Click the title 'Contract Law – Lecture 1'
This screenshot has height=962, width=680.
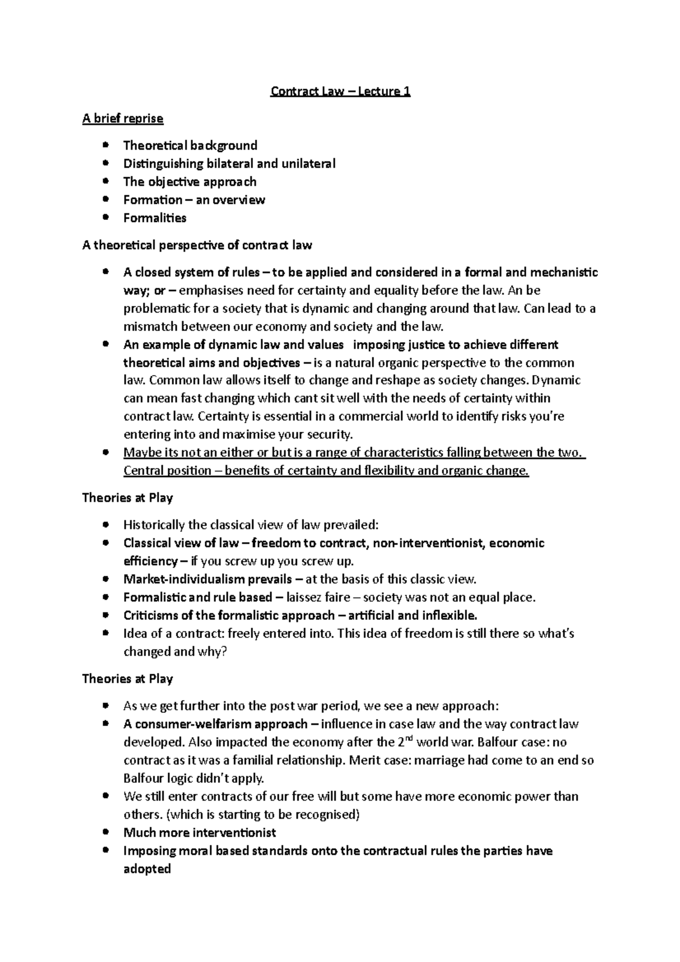point(340,91)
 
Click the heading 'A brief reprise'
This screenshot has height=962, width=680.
point(122,118)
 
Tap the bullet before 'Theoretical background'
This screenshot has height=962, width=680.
point(105,146)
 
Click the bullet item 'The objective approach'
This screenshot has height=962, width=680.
point(190,182)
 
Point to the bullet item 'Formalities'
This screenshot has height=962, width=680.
point(155,218)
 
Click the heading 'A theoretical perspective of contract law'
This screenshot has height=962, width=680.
point(197,245)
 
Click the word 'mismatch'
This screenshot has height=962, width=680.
point(148,327)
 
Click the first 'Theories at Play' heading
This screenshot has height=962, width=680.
point(127,498)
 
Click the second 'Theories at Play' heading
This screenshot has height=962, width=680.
point(127,679)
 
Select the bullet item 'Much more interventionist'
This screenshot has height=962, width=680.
point(199,833)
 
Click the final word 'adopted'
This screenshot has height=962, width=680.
point(147,869)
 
